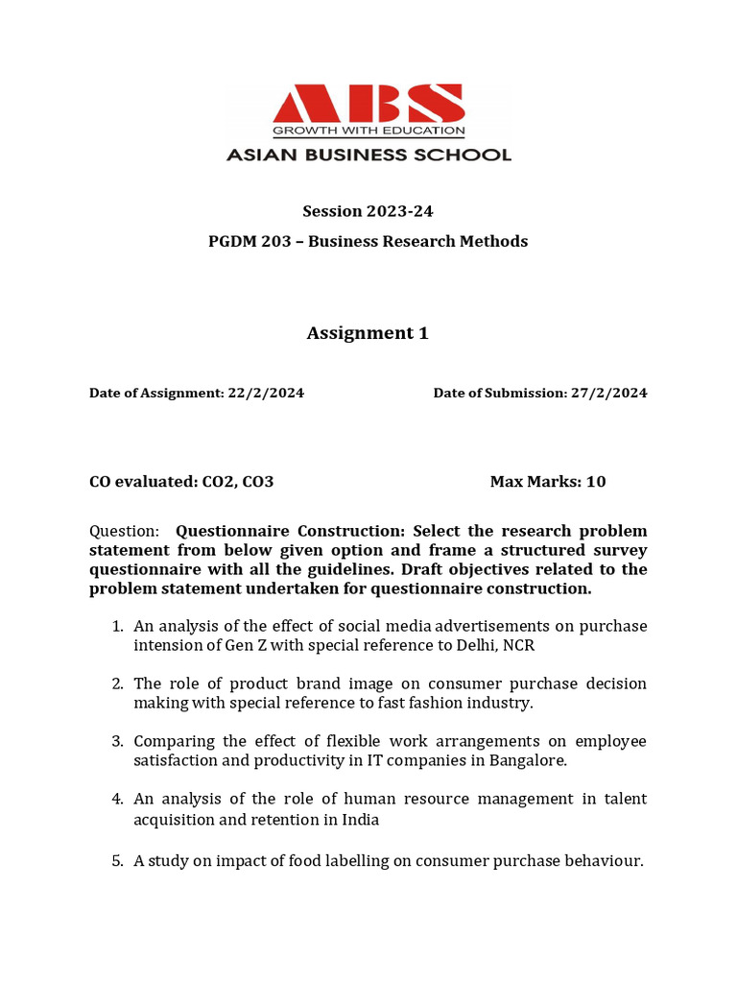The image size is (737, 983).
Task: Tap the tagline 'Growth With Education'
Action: click(368, 131)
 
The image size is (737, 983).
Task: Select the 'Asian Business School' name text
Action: click(368, 154)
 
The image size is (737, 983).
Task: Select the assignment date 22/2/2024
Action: click(266, 393)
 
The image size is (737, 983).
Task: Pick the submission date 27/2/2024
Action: click(608, 393)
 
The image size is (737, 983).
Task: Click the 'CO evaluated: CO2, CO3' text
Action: click(181, 481)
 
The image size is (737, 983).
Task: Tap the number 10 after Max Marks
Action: click(596, 481)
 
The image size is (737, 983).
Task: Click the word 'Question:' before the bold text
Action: click(124, 531)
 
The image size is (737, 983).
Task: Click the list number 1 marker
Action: click(117, 626)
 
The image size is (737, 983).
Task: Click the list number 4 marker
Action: click(117, 799)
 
